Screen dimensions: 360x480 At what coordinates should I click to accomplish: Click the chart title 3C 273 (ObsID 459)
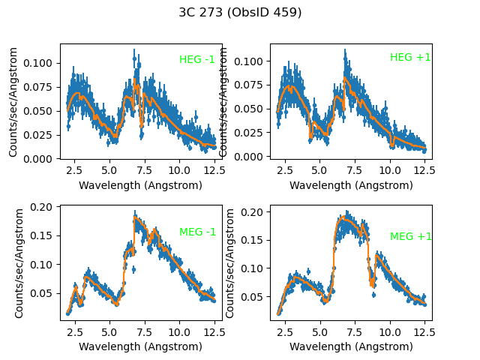240,12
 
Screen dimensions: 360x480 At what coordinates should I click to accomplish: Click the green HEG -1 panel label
197,60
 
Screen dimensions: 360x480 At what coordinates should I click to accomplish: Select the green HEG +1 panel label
410,58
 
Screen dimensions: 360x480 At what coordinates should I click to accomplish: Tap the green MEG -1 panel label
197,232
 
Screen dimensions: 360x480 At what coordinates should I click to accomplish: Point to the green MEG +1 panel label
411,236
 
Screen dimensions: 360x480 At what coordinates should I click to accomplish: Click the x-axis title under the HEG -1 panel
140,185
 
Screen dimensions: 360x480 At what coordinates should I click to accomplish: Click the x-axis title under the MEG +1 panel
351,346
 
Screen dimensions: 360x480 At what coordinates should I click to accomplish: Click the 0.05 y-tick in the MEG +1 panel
256,297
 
